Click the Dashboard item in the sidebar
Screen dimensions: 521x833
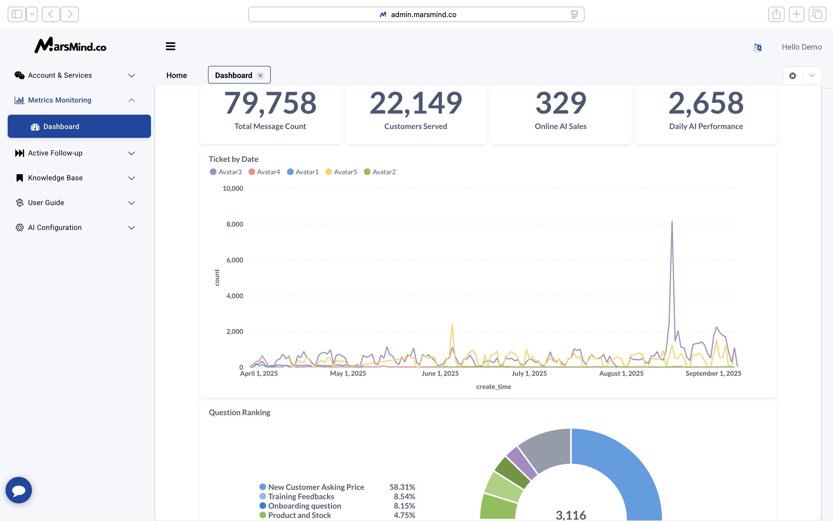click(79, 127)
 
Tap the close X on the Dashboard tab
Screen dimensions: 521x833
click(260, 76)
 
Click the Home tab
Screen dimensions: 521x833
click(177, 76)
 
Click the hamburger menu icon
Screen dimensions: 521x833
click(171, 46)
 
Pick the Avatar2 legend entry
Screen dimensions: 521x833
click(380, 172)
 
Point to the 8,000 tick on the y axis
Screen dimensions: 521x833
click(234, 224)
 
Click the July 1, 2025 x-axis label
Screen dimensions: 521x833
click(529, 374)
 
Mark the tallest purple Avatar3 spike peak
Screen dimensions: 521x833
click(672, 222)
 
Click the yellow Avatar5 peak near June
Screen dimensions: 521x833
click(452, 325)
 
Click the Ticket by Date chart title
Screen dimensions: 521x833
click(233, 159)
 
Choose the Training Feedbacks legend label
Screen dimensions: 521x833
click(301, 496)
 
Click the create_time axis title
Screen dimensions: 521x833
click(494, 386)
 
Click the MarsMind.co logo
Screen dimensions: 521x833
click(71, 45)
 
